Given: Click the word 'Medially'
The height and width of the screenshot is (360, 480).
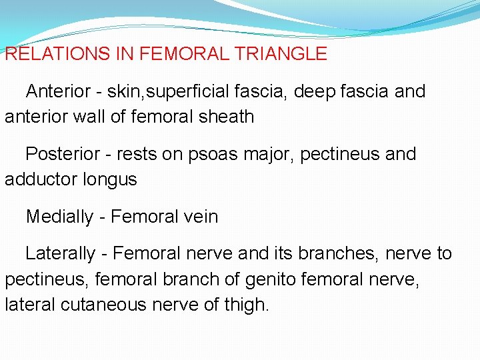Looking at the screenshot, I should pos(59,217).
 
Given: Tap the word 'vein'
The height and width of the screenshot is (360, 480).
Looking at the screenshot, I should pos(200,217).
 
